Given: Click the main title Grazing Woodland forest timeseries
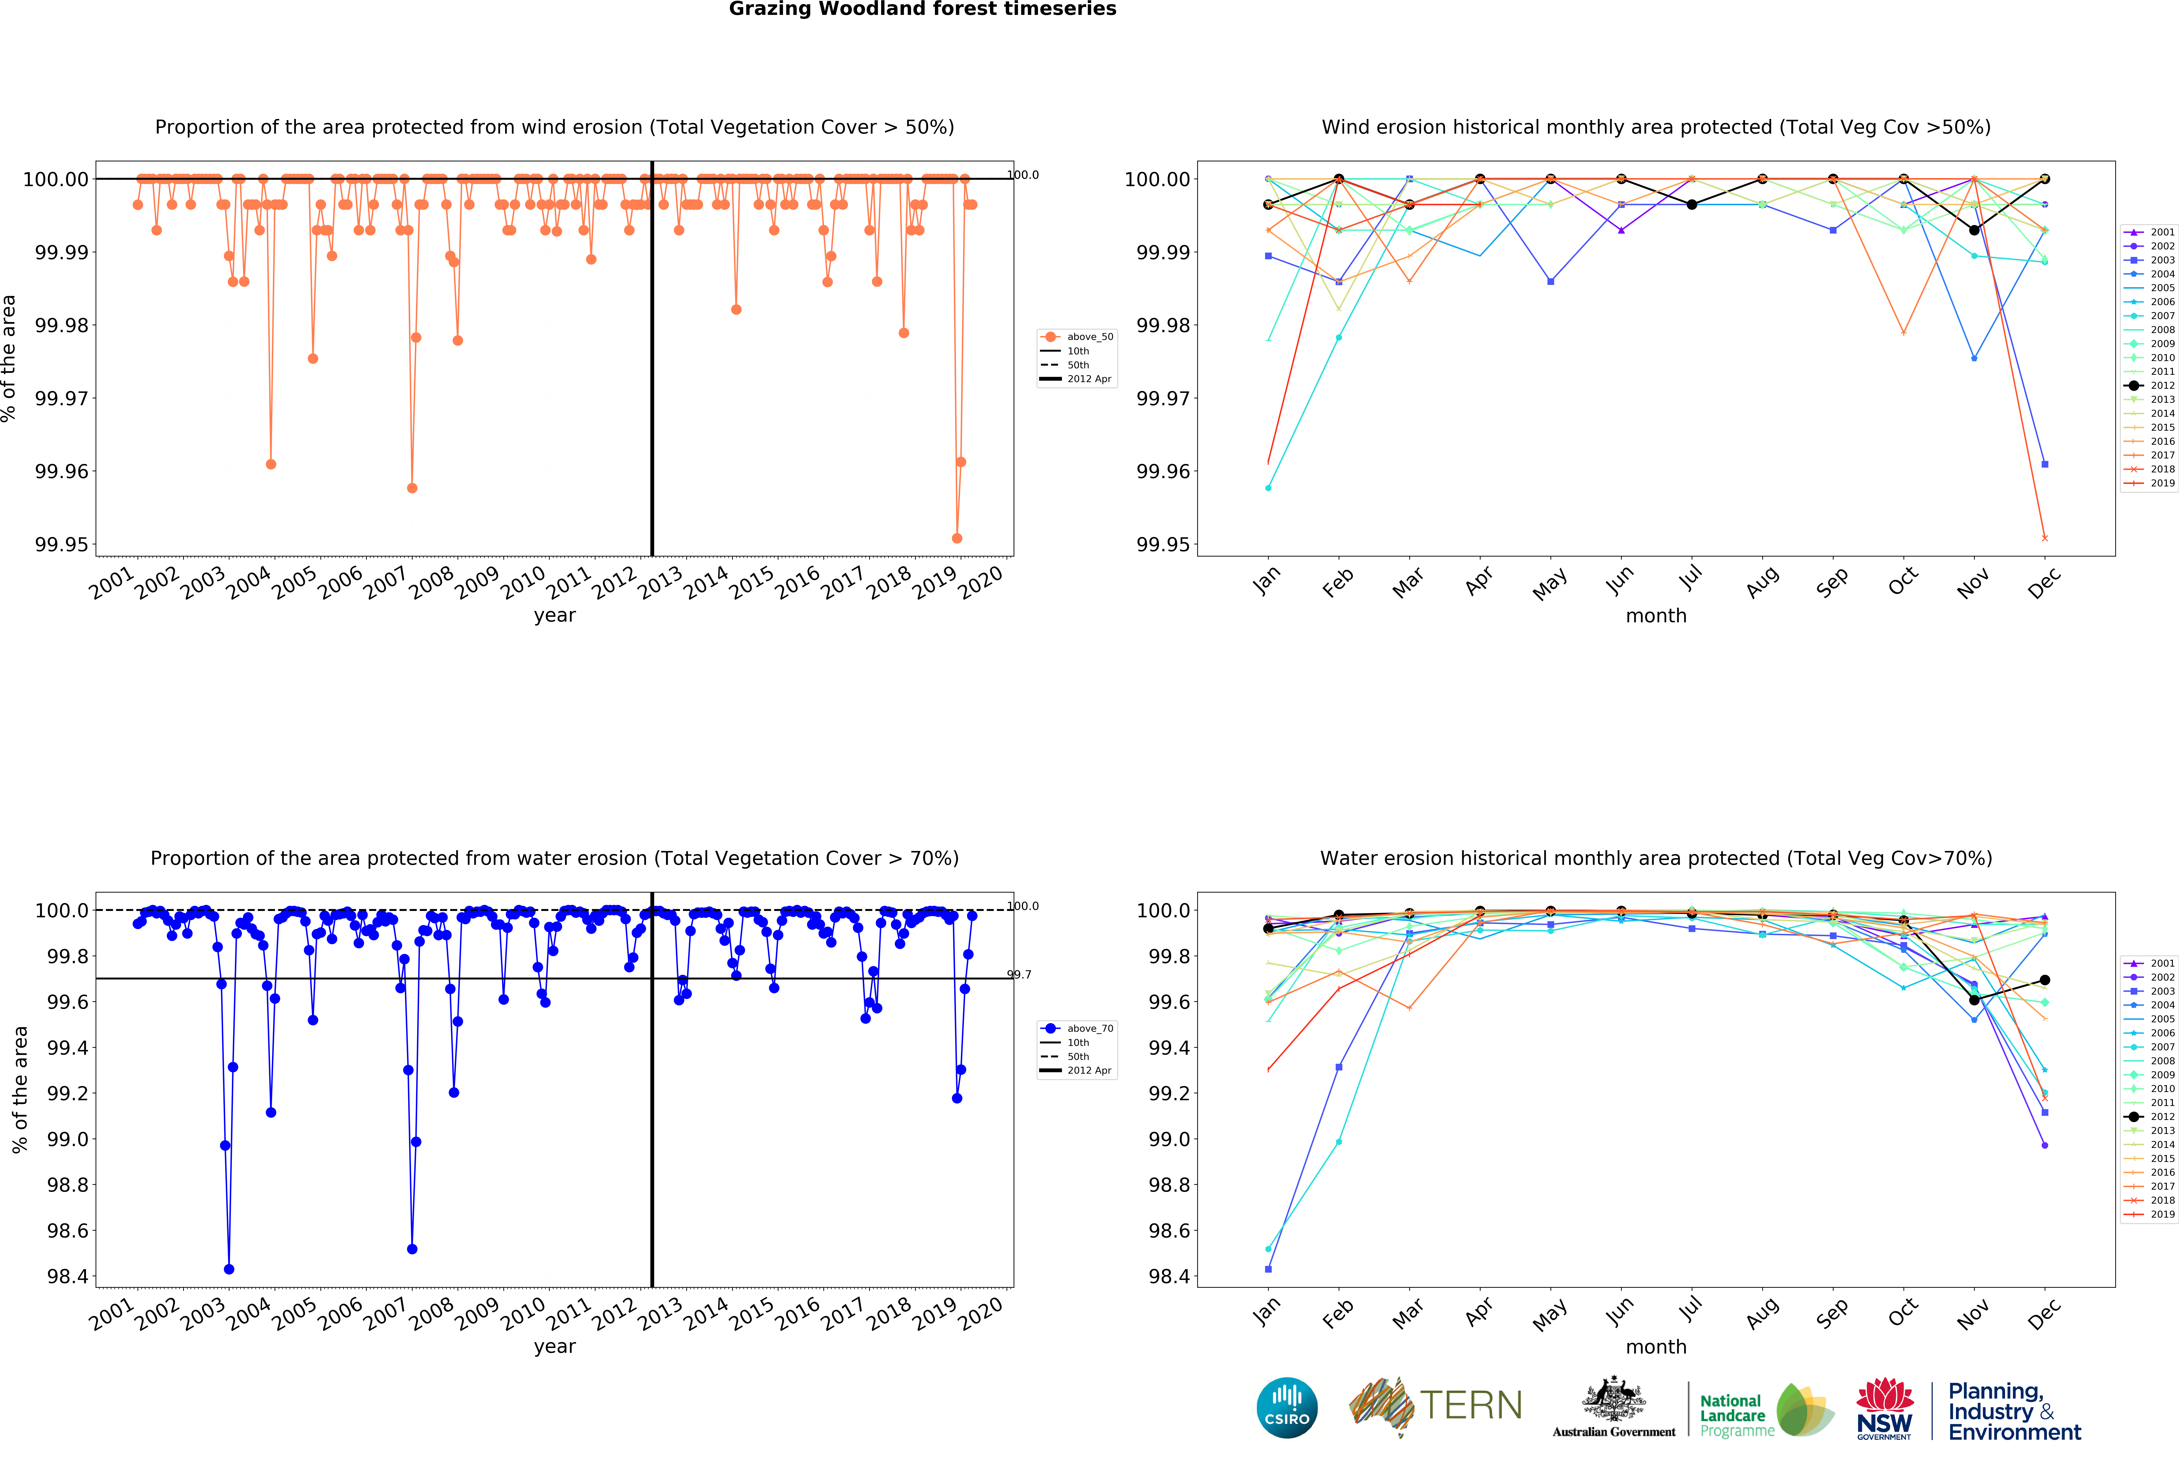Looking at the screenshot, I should tap(922, 9).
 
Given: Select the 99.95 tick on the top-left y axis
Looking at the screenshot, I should tap(62, 544).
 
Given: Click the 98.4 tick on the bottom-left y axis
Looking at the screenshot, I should tap(67, 1276).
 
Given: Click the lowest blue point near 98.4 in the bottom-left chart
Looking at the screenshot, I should tap(229, 1269).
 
